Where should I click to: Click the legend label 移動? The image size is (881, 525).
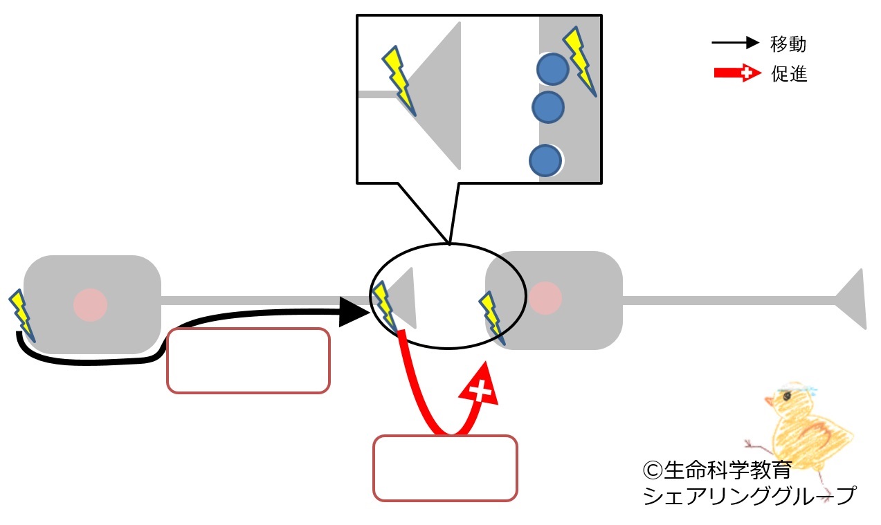[788, 44]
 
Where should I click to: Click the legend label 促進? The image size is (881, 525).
[789, 73]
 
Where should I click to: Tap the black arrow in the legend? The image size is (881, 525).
[736, 42]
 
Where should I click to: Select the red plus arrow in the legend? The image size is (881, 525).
[738, 73]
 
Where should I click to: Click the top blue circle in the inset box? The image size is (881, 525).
[552, 69]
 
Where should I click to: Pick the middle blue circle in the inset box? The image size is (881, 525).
[548, 107]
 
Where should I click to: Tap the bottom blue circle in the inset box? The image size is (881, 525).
[545, 160]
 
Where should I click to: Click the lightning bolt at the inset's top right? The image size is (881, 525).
[580, 61]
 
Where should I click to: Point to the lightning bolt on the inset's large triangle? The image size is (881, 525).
[399, 81]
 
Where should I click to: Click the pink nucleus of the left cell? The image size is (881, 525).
[91, 305]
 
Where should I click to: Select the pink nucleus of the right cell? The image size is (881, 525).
[545, 298]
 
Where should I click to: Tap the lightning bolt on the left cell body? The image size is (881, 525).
[22, 316]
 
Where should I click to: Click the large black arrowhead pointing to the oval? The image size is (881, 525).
[354, 312]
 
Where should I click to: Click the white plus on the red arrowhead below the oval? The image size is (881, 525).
[480, 391]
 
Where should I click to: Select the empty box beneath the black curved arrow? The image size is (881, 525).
[248, 361]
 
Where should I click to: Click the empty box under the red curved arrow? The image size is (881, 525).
[445, 468]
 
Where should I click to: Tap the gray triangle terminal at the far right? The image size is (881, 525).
[851, 300]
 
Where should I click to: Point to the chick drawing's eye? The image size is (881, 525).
[788, 396]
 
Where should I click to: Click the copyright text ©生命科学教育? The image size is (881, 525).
[718, 470]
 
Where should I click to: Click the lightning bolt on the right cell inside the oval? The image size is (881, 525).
[491, 318]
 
